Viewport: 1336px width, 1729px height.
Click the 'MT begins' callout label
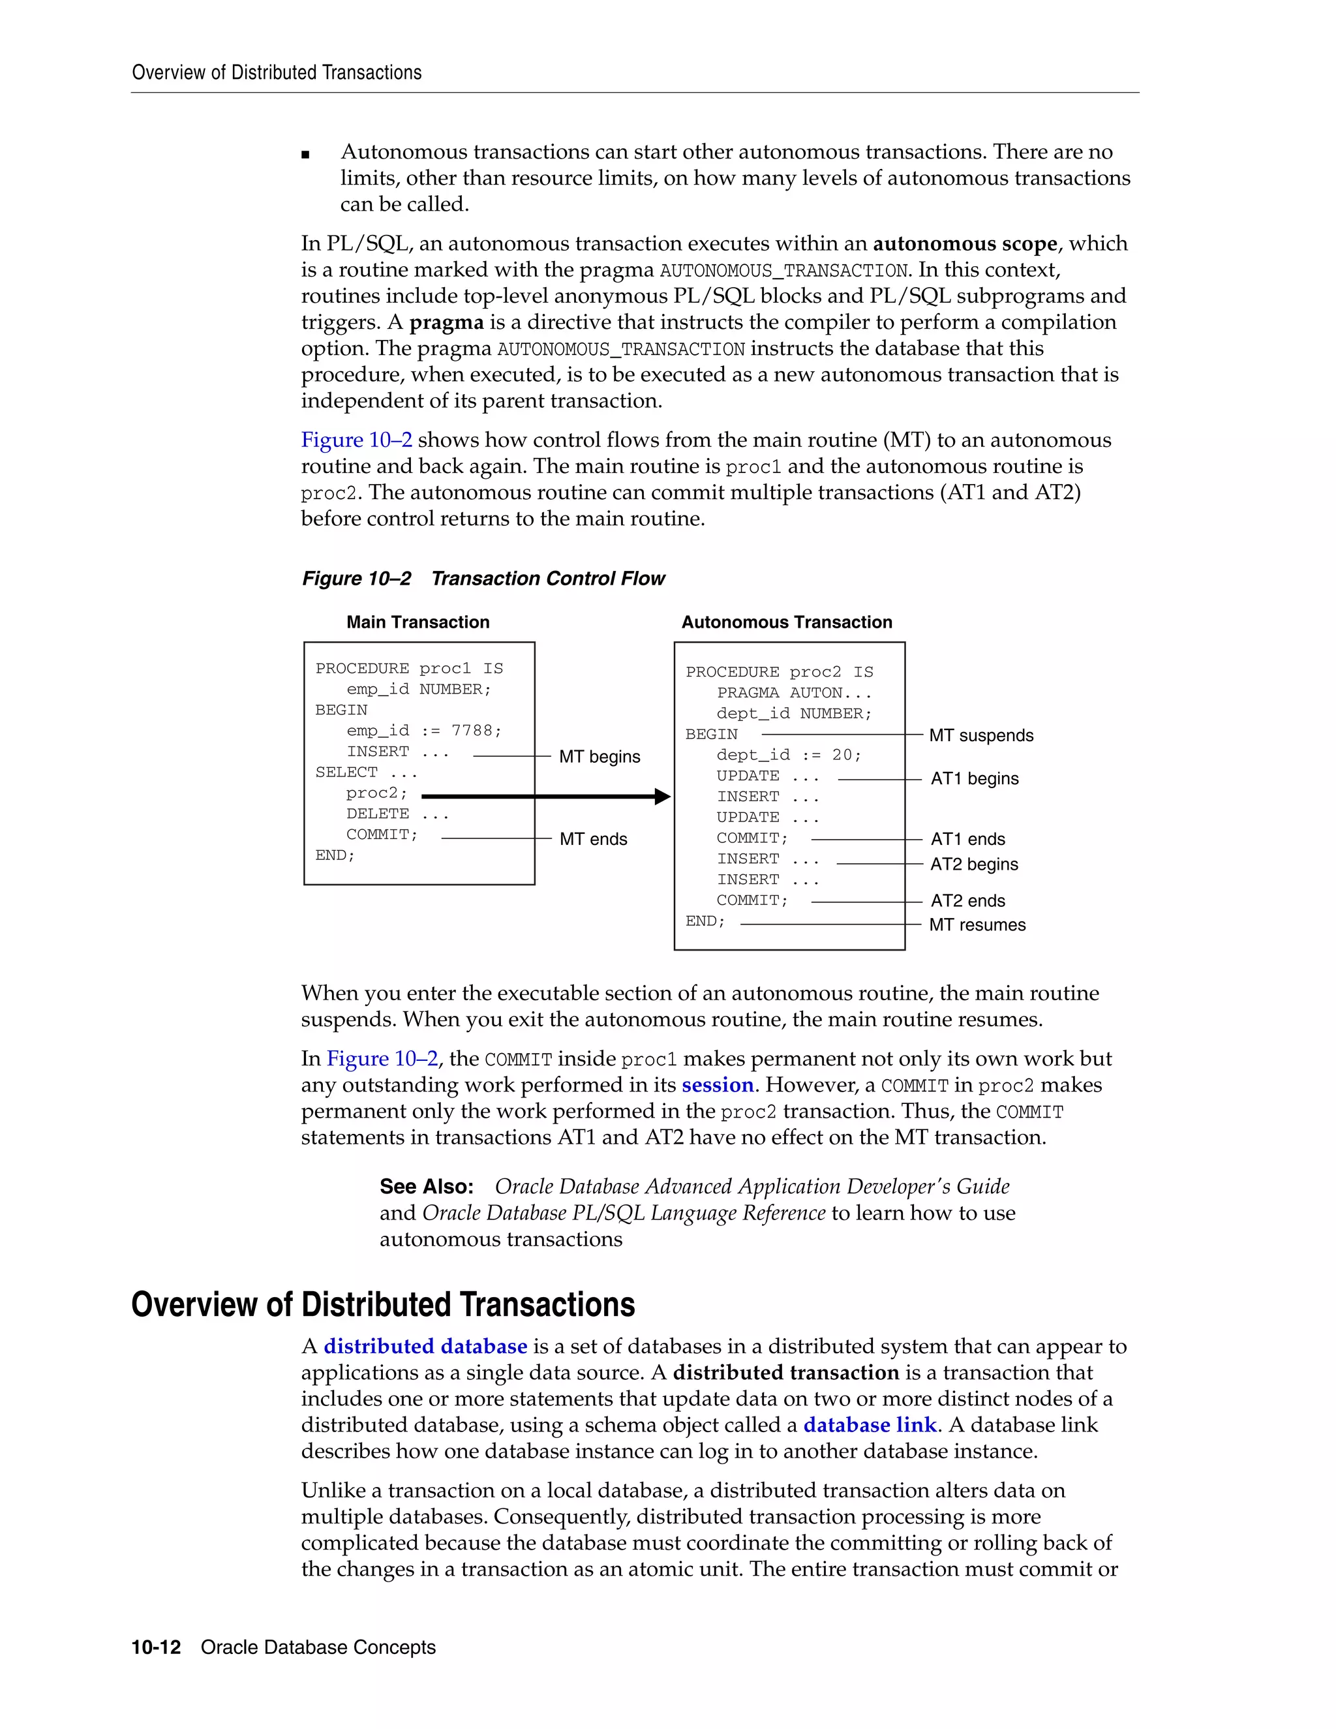click(x=599, y=757)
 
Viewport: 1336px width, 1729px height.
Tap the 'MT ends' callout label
click(x=593, y=839)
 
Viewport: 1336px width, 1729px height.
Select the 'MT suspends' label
click(x=980, y=735)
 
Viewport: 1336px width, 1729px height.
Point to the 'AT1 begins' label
click(x=975, y=779)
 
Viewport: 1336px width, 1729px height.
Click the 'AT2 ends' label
click(x=967, y=901)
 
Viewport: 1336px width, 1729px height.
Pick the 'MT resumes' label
click(x=977, y=925)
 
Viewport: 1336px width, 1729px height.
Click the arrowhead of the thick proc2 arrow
click(x=663, y=797)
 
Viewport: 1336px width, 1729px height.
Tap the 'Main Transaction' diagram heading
click(x=418, y=622)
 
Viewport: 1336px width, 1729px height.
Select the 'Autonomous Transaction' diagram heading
click(x=787, y=622)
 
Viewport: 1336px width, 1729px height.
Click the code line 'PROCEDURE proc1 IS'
click(x=408, y=668)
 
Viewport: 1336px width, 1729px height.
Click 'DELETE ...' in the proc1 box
click(x=397, y=814)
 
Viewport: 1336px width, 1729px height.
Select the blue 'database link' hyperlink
click(x=870, y=1425)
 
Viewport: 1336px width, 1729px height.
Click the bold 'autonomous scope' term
click(x=965, y=244)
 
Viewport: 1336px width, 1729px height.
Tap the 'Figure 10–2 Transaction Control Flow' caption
click(x=483, y=579)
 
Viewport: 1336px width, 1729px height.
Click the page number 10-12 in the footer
click(x=156, y=1647)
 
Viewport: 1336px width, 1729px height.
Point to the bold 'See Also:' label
click(x=426, y=1187)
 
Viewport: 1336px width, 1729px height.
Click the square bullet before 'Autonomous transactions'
click(x=305, y=155)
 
